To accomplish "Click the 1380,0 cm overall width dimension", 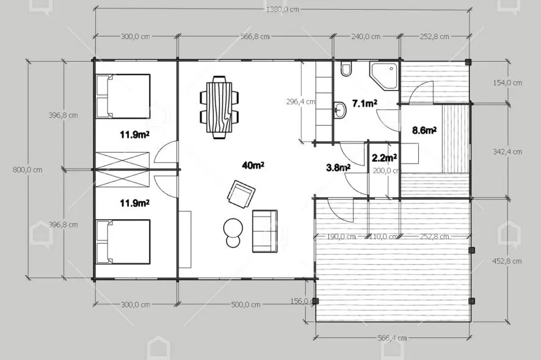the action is pyautogui.click(x=282, y=10).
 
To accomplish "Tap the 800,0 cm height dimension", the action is pyautogui.click(x=27, y=170).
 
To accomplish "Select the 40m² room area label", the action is pyautogui.click(x=253, y=165).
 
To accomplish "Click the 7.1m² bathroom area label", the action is pyautogui.click(x=365, y=103).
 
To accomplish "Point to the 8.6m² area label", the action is pyautogui.click(x=424, y=131).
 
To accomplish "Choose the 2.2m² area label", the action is pyautogui.click(x=384, y=158).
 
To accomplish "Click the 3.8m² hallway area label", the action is pyautogui.click(x=338, y=168).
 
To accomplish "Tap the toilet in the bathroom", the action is pyautogui.click(x=346, y=69).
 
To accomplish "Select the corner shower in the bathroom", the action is pyautogui.click(x=384, y=76).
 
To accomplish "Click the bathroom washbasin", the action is pyautogui.click(x=340, y=110).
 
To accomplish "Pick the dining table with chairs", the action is pyautogui.click(x=219, y=107).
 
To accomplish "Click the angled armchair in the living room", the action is pyautogui.click(x=241, y=194).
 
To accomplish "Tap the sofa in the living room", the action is pyautogui.click(x=264, y=231).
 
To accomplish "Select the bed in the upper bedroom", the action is pyautogui.click(x=123, y=96).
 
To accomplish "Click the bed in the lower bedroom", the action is pyautogui.click(x=123, y=242).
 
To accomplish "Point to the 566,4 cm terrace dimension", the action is pyautogui.click(x=392, y=338).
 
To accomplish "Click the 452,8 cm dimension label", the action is pyautogui.click(x=507, y=261).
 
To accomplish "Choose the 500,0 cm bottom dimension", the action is pyautogui.click(x=245, y=305).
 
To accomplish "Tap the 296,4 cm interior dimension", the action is pyautogui.click(x=300, y=102).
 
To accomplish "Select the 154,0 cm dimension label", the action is pyautogui.click(x=507, y=83).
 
